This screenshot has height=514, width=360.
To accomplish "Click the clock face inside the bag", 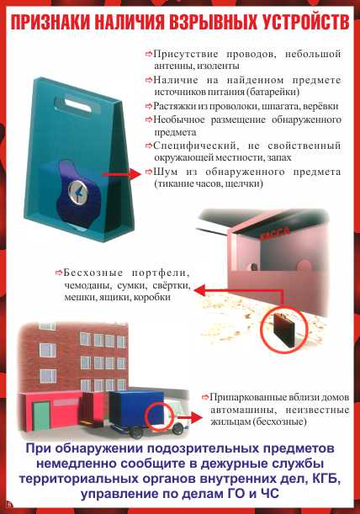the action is (78, 191).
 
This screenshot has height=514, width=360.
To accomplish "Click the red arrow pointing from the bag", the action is (122, 174).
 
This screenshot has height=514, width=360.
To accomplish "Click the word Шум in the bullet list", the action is (165, 172).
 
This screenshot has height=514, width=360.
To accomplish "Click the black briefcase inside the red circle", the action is (283, 330).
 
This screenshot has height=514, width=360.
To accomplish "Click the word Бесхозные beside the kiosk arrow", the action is (93, 273).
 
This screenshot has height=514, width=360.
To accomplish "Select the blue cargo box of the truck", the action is (138, 408).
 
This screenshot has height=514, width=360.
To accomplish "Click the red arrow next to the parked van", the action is (190, 418).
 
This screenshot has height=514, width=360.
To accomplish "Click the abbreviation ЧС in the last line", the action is (270, 493).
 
